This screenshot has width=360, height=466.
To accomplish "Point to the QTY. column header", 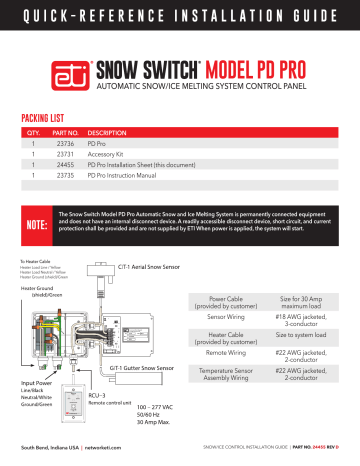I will point(33,132).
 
